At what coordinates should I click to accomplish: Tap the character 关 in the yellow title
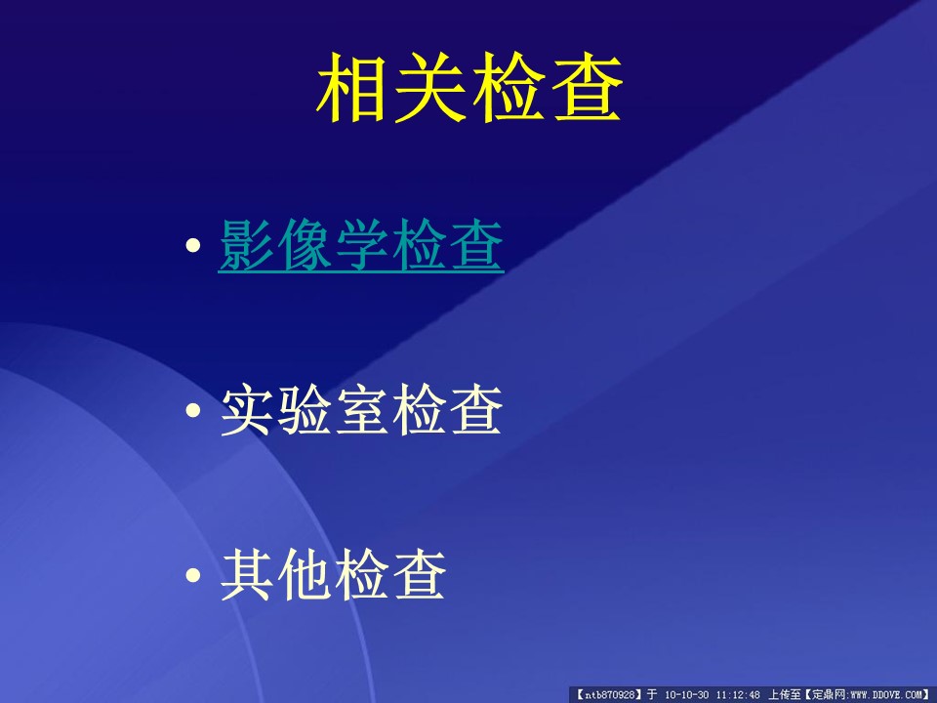pos(429,87)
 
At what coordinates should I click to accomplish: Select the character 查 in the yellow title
pos(587,87)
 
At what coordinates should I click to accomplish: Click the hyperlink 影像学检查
pos(361,246)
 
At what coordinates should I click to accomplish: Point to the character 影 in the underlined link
pos(246,245)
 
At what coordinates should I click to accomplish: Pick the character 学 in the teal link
pos(361,245)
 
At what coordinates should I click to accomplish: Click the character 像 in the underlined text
pos(304,245)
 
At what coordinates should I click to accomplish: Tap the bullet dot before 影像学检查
pos(193,245)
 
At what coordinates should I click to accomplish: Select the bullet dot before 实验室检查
pos(193,410)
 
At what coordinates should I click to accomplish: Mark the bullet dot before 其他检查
pos(193,575)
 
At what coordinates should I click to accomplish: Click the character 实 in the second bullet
pos(246,410)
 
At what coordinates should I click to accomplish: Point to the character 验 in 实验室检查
pos(304,410)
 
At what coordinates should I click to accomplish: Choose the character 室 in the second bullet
pos(361,410)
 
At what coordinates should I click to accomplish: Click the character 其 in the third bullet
pos(246,575)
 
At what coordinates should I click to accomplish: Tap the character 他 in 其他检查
pos(304,575)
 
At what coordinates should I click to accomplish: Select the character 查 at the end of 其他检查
pos(419,575)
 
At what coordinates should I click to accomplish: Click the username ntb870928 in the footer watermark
pos(609,694)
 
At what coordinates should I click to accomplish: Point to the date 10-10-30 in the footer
pos(686,694)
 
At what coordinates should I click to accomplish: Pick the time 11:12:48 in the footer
pos(738,694)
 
